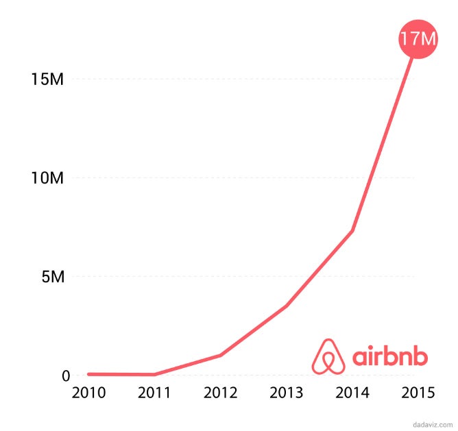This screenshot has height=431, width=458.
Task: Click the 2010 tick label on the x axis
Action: [88, 393]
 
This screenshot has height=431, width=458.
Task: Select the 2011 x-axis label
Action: [154, 393]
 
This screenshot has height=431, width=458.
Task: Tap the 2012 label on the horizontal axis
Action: [220, 393]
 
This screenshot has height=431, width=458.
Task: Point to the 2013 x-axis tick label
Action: [286, 393]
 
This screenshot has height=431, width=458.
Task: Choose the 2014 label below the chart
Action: [352, 393]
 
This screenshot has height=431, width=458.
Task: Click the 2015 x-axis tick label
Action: [418, 393]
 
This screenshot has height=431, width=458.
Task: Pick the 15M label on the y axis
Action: [47, 79]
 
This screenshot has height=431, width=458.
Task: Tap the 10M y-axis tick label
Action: [47, 178]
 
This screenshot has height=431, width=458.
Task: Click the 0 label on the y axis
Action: [66, 375]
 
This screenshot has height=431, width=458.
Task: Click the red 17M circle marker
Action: [418, 39]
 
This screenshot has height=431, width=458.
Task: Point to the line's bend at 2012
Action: [220, 355]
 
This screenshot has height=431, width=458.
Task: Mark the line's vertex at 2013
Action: [286, 306]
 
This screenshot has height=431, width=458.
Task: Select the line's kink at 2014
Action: [352, 231]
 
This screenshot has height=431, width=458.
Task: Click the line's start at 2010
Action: [88, 374]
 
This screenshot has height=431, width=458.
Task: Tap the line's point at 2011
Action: [154, 375]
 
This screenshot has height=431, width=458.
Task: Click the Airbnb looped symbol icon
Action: [328, 356]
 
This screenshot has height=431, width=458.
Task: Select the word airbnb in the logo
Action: [389, 356]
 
